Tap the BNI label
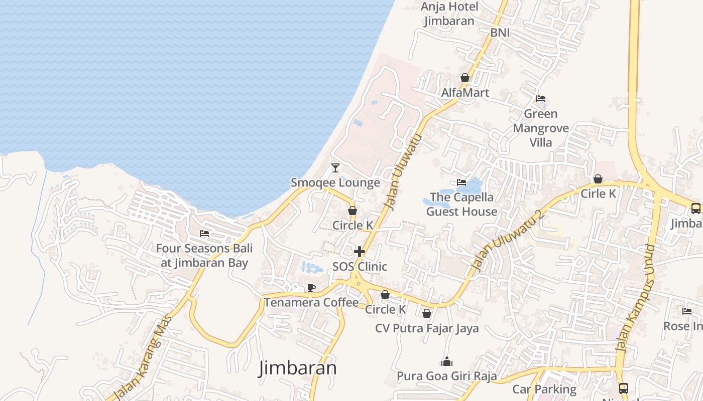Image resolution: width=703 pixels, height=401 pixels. pyautogui.click(x=500, y=33)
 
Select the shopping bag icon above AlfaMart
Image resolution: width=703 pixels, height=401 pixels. pyautogui.click(x=465, y=78)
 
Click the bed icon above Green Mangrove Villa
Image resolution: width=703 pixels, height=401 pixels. pyautogui.click(x=540, y=99)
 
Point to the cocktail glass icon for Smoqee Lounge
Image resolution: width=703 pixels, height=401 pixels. pyautogui.click(x=335, y=167)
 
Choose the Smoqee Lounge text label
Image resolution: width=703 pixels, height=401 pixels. pyautogui.click(x=335, y=182)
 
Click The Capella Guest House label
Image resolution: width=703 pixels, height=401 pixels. pyautogui.click(x=461, y=204)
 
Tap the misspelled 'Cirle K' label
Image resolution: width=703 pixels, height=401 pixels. pyautogui.click(x=598, y=193)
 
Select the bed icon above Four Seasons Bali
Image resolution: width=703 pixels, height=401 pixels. pyautogui.click(x=204, y=234)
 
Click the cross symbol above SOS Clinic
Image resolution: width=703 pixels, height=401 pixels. pyautogui.click(x=360, y=251)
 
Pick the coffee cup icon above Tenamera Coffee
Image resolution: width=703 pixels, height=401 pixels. pyautogui.click(x=311, y=288)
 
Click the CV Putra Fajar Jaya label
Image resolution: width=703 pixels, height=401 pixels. pyautogui.click(x=427, y=328)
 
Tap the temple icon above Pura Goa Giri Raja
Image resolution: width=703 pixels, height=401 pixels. pyautogui.click(x=446, y=361)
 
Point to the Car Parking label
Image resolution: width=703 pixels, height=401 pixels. pyautogui.click(x=544, y=389)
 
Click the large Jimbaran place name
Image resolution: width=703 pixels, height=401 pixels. pyautogui.click(x=298, y=368)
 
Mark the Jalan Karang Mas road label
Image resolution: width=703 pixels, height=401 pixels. pyautogui.click(x=144, y=358)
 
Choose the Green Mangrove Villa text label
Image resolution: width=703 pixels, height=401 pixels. pyautogui.click(x=540, y=128)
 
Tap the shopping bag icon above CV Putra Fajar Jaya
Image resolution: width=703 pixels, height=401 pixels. pyautogui.click(x=427, y=313)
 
